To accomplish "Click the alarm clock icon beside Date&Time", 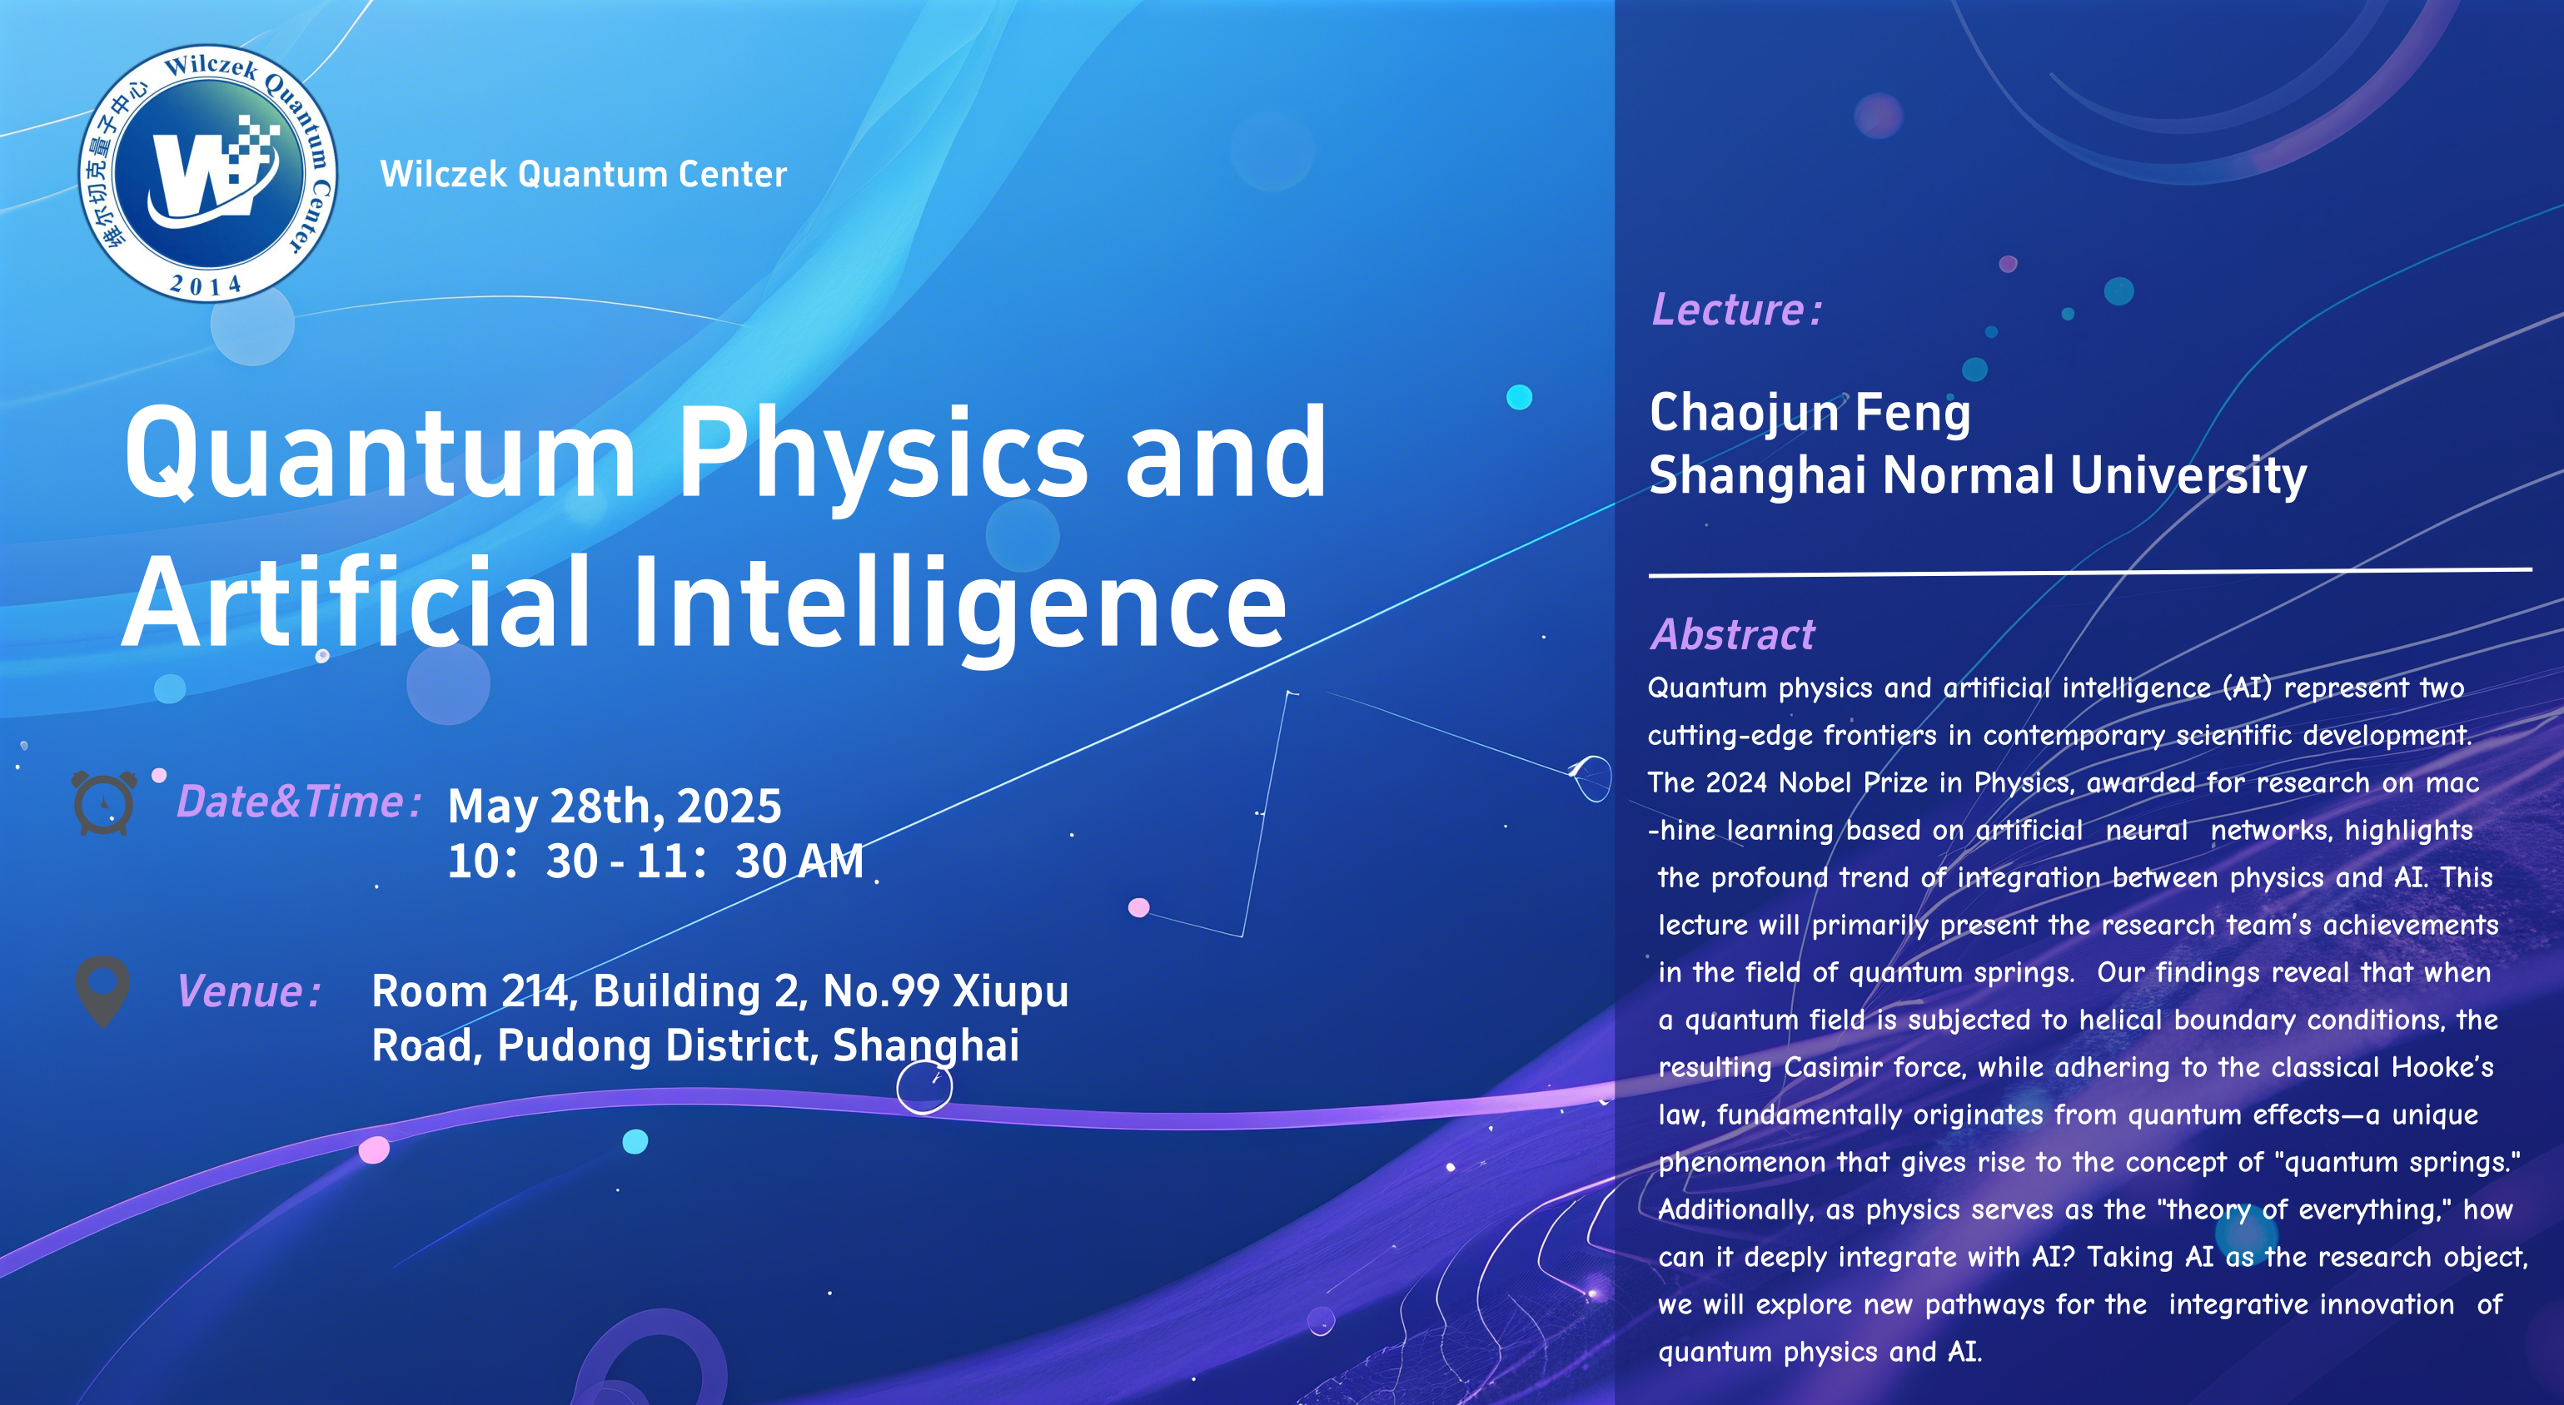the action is tap(103, 802).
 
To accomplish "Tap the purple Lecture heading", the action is tap(1737, 310).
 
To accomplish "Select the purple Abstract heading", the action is tap(1733, 634).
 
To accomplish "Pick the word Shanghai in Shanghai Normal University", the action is tap(1757, 475).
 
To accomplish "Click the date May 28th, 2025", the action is tap(614, 806).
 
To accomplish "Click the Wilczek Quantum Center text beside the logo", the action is tap(583, 174).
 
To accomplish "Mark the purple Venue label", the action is tap(249, 992).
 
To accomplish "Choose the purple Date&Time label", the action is tap(300, 802).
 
